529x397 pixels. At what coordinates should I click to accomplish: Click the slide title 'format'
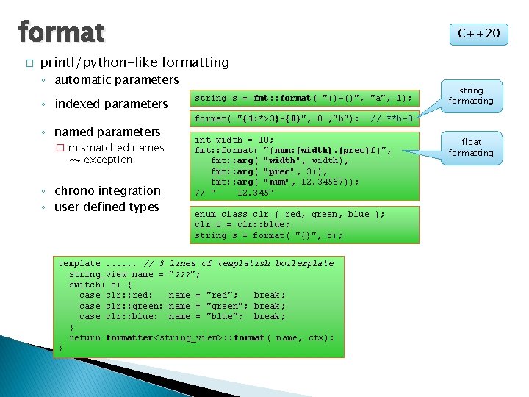(61, 32)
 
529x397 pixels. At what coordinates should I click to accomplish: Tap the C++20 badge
(478, 33)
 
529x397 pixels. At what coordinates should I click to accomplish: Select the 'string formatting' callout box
(471, 96)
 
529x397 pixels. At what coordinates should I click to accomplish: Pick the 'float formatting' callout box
(471, 147)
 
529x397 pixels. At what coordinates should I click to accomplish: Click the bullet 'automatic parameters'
(117, 79)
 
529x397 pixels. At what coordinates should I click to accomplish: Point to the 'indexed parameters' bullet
(111, 104)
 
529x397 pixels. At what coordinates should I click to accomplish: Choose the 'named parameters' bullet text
(107, 132)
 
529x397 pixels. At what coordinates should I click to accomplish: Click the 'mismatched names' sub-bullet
(116, 147)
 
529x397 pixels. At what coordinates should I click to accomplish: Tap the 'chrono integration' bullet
(107, 190)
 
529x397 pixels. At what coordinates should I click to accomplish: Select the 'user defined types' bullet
(107, 207)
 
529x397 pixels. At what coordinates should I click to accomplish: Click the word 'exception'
(108, 160)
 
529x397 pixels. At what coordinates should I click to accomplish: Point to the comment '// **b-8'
(392, 118)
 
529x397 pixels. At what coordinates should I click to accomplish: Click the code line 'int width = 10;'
(234, 140)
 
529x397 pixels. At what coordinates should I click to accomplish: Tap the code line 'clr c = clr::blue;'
(242, 225)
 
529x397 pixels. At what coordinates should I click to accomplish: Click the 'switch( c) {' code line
(101, 285)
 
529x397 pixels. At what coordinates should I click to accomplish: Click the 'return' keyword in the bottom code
(84, 337)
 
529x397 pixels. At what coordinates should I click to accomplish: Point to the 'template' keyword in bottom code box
(79, 263)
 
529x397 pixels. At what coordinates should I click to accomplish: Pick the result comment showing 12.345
(234, 193)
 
